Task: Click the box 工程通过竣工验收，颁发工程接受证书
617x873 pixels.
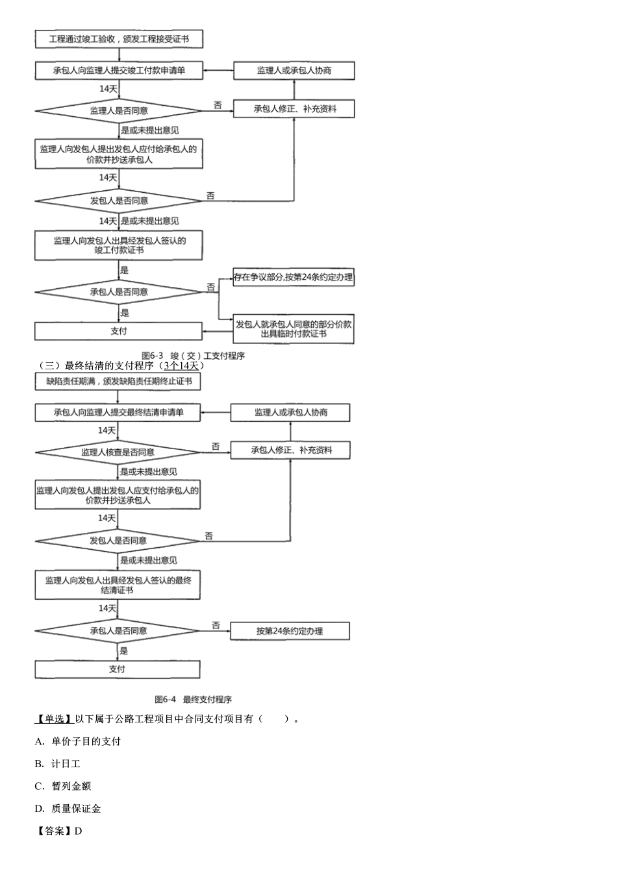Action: point(119,39)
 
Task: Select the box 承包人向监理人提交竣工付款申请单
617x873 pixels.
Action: point(119,70)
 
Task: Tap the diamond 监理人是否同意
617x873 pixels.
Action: point(119,111)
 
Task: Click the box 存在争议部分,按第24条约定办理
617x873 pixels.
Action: point(294,277)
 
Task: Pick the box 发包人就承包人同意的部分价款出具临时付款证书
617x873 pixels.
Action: point(294,328)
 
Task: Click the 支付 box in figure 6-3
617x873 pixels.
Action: point(118,331)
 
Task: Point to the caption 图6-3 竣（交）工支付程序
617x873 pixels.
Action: point(193,355)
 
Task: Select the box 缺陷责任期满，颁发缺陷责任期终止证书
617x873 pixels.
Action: point(118,381)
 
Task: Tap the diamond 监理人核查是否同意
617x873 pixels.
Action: point(118,452)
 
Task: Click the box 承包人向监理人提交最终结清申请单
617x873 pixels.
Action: point(118,412)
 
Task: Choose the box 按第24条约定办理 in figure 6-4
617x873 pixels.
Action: point(290,630)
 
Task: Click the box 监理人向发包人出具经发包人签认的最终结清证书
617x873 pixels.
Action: point(118,585)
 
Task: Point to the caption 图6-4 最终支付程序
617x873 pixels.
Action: point(193,699)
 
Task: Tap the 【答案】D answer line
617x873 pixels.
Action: point(58,831)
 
